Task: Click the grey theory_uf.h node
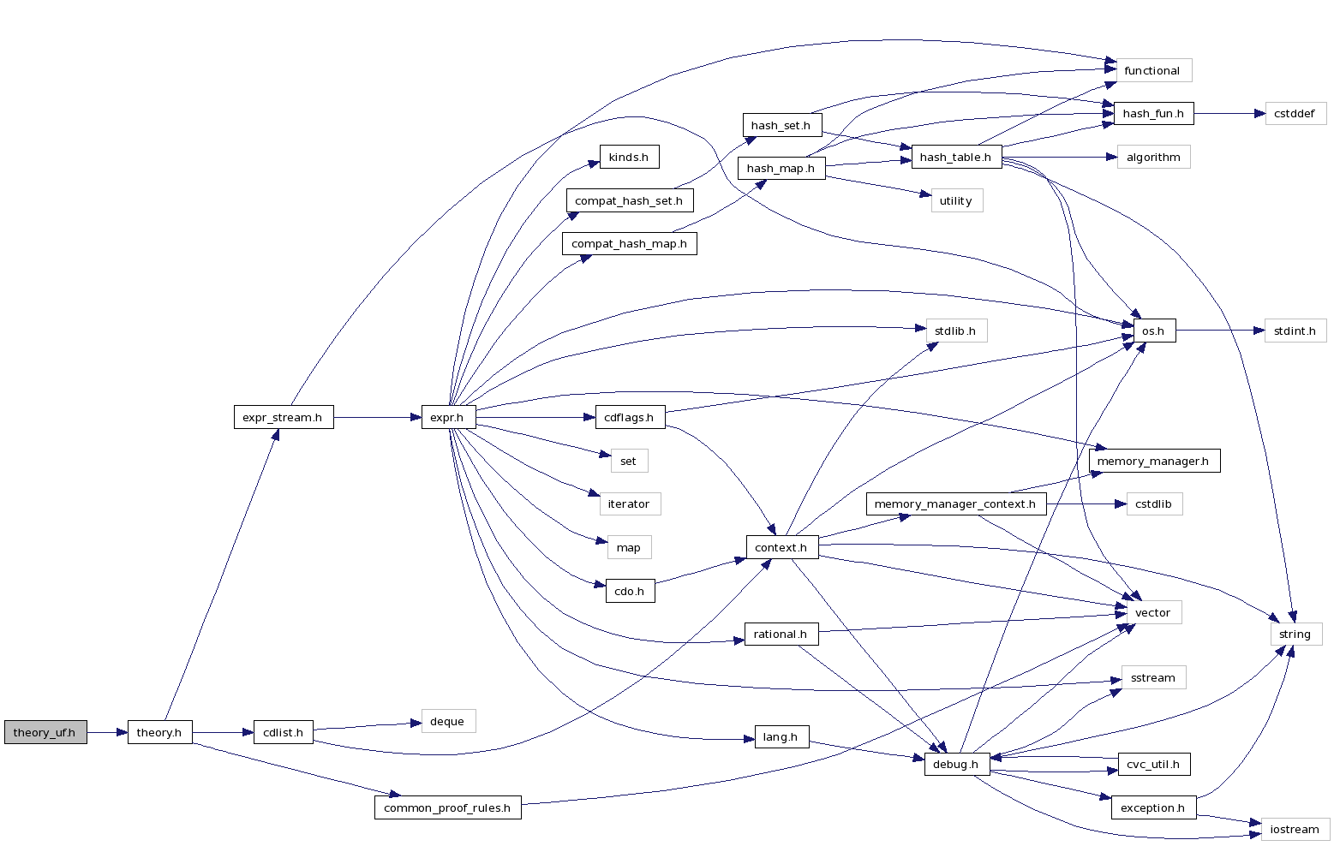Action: pos(45,732)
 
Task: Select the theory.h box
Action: pos(159,732)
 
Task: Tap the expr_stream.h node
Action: pos(283,418)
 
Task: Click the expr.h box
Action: pos(447,418)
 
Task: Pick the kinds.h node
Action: pos(629,157)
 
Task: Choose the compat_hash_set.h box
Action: pos(629,200)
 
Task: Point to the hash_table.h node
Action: pos(955,157)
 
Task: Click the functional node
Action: pos(1152,70)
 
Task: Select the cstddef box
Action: pos(1295,113)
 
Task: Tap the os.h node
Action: pos(1153,331)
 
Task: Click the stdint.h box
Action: pos(1295,331)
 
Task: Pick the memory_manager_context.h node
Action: pos(955,503)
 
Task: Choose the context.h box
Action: pos(781,547)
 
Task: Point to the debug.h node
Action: pos(955,764)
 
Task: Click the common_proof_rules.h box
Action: pos(447,807)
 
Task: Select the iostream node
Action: pos(1295,829)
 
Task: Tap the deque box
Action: pos(447,721)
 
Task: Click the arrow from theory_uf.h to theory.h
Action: pos(107,732)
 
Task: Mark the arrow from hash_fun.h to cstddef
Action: pos(1229,113)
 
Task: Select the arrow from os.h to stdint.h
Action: pos(1220,331)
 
